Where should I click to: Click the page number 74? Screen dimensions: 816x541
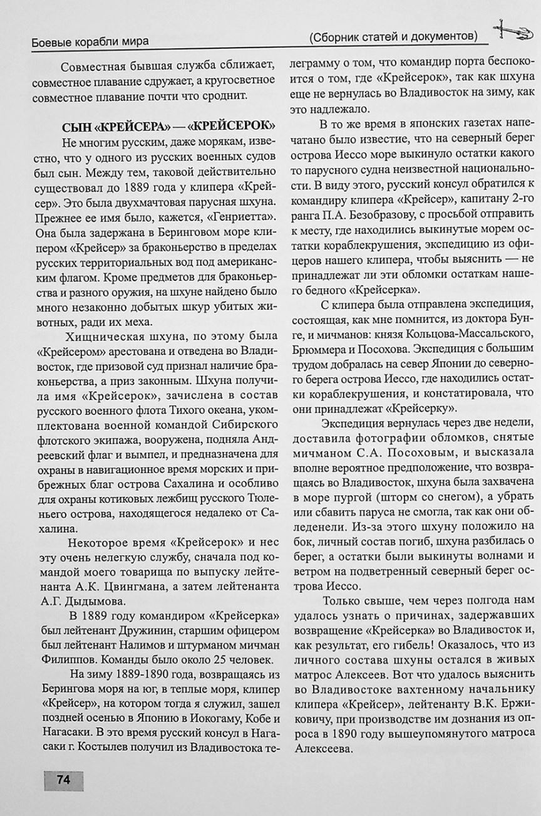(x=63, y=780)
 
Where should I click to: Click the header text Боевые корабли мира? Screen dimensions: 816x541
(x=89, y=42)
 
